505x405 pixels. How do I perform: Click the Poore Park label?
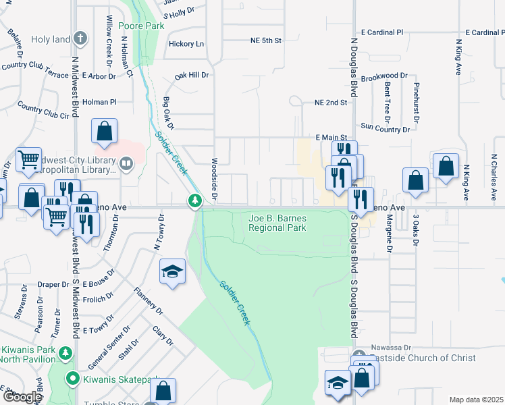tap(141, 26)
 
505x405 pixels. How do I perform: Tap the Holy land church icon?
tap(80, 38)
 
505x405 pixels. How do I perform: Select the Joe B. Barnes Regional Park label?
tap(277, 223)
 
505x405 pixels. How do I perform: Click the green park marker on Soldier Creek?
tap(194, 200)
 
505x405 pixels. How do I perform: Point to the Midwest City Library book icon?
tap(126, 163)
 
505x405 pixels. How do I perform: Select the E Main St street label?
tap(331, 137)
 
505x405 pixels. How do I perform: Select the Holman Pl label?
tap(100, 102)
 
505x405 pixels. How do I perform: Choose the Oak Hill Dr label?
tap(191, 75)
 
